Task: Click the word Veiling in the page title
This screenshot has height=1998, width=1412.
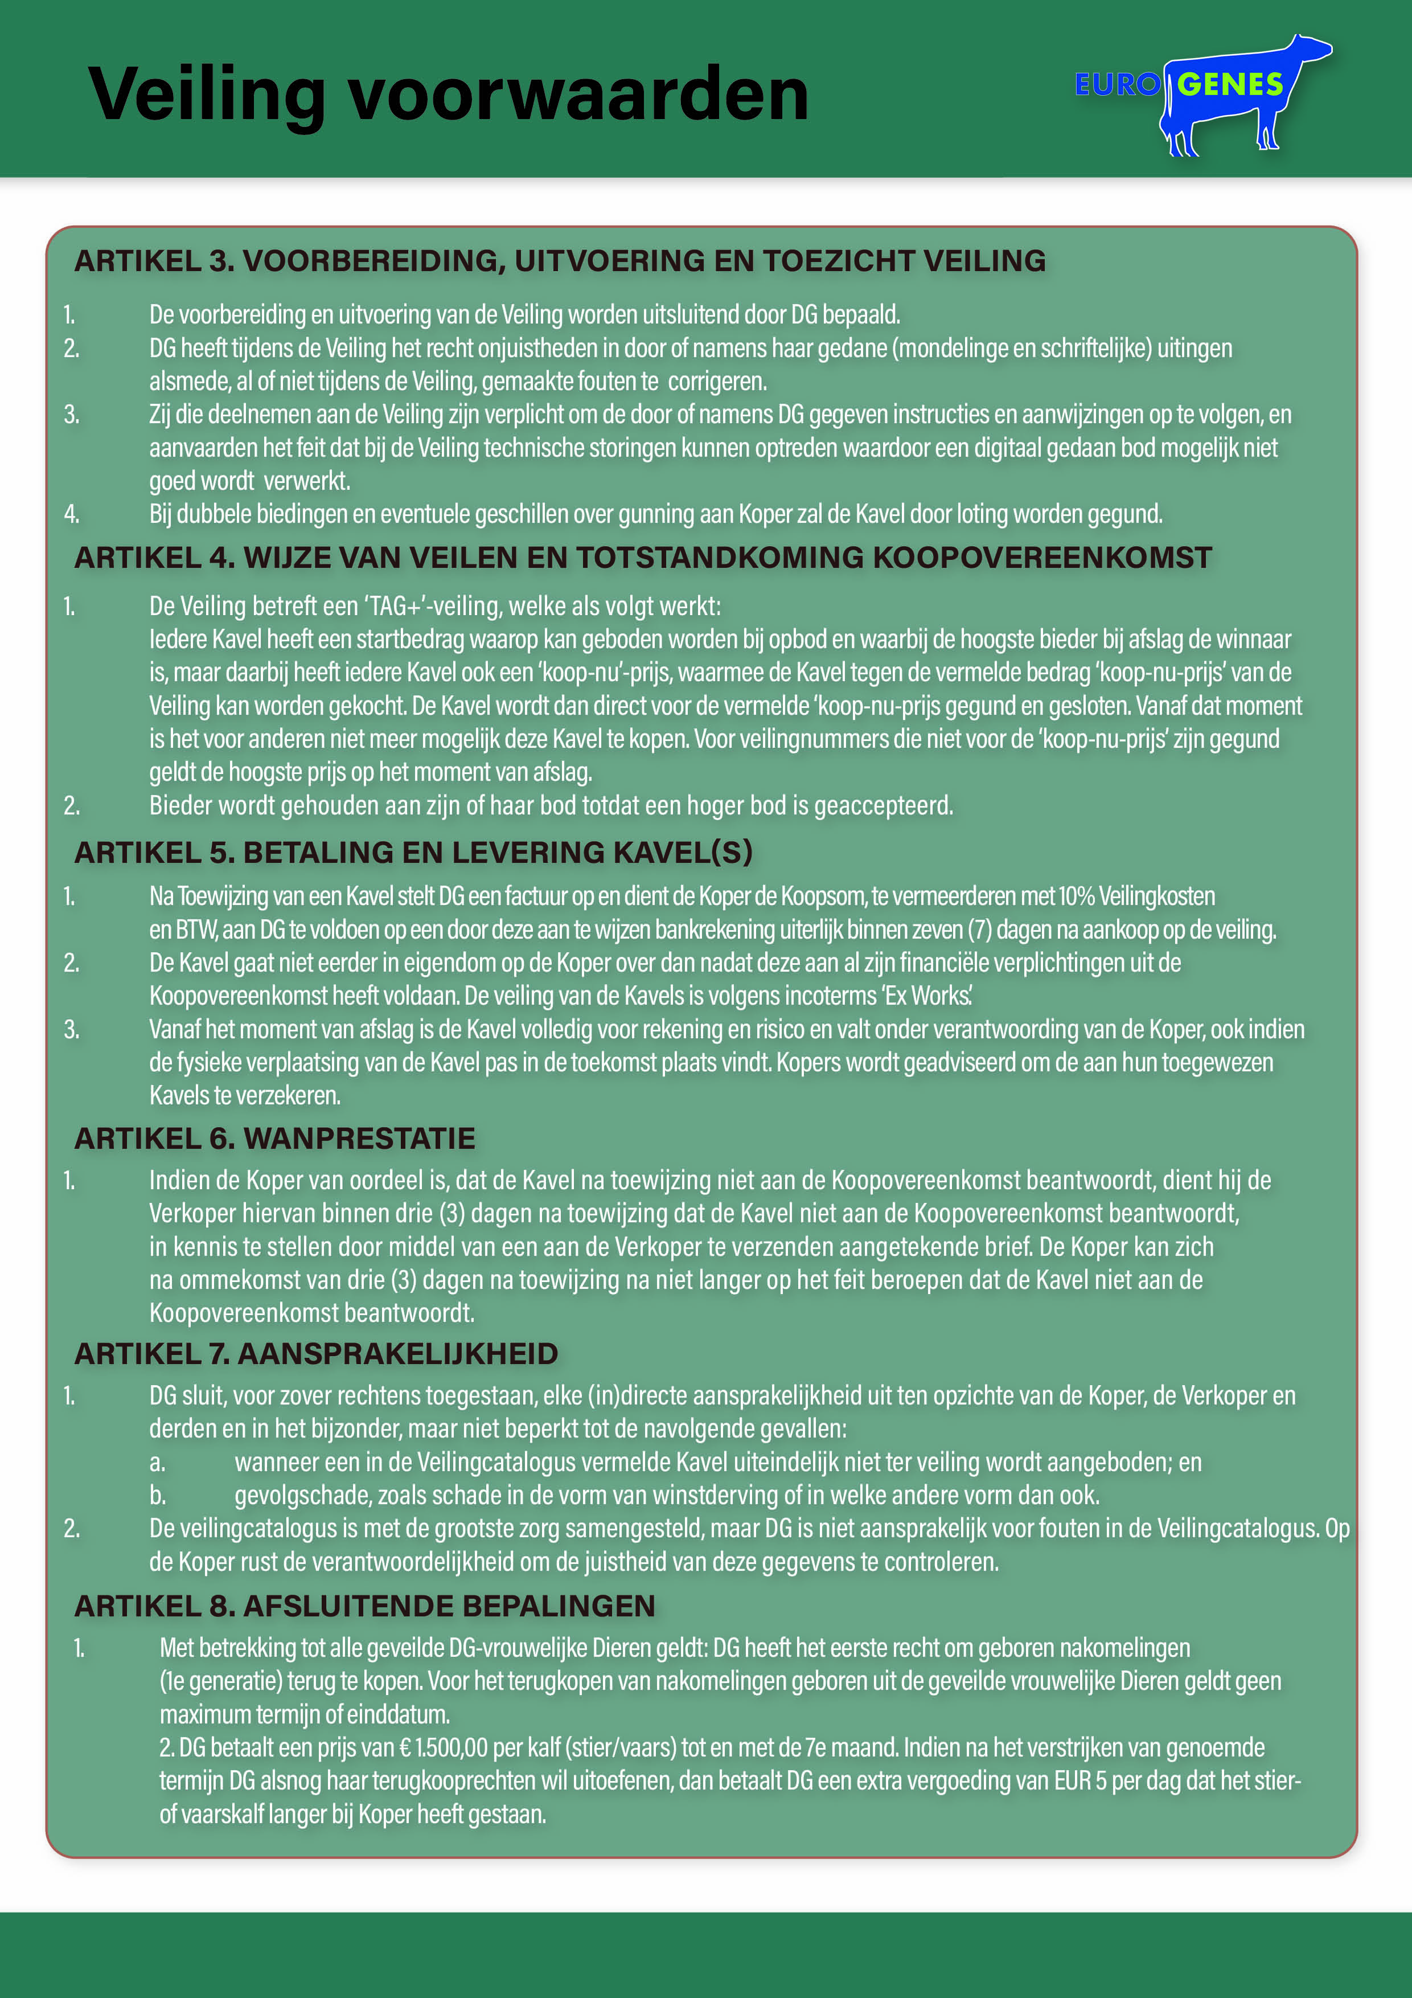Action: [207, 96]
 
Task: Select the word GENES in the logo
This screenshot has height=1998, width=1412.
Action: [1230, 84]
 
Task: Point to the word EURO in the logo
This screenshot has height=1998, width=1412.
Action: [1116, 84]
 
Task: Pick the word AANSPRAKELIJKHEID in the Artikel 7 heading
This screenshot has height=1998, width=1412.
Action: [397, 1354]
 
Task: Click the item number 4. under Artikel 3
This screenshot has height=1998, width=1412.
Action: [71, 514]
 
